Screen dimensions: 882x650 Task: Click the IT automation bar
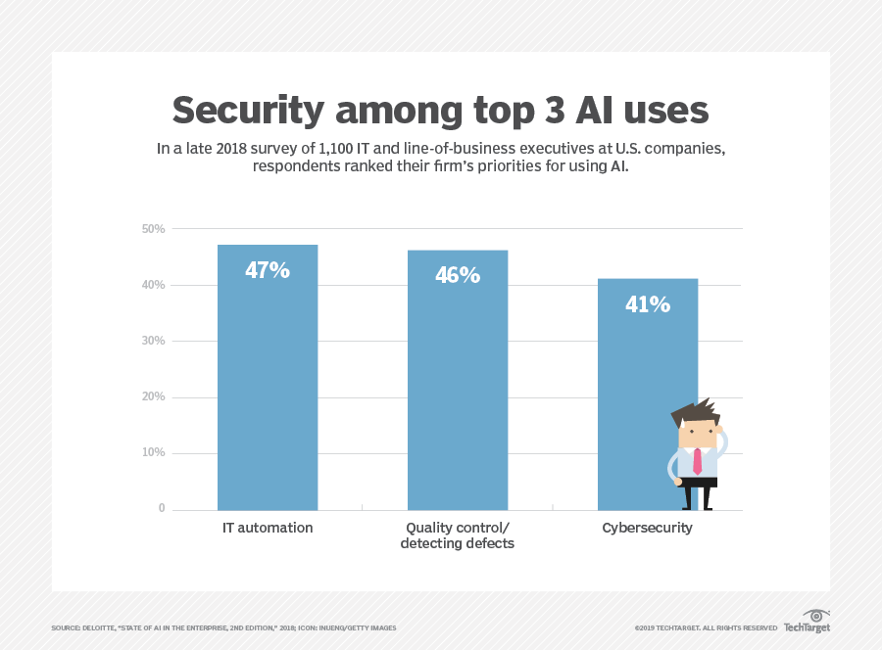pyautogui.click(x=268, y=378)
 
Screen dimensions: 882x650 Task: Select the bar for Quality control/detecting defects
pyautogui.click(x=458, y=381)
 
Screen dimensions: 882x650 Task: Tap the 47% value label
pyautogui.click(x=268, y=270)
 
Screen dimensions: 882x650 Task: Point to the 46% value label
pyautogui.click(x=458, y=275)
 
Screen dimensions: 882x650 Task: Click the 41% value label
pyautogui.click(x=648, y=304)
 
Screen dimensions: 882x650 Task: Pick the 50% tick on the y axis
pyautogui.click(x=153, y=229)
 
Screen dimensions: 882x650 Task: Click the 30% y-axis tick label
pyautogui.click(x=153, y=341)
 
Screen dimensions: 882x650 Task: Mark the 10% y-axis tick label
pyautogui.click(x=153, y=453)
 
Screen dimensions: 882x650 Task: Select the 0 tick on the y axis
pyautogui.click(x=162, y=508)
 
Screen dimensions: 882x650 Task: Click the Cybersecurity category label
pyautogui.click(x=647, y=528)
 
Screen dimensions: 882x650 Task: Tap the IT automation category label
pyautogui.click(x=268, y=528)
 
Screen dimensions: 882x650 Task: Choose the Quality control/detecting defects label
pyautogui.click(x=458, y=535)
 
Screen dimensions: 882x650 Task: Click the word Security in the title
pyautogui.click(x=248, y=111)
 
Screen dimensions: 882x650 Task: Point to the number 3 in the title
pyautogui.click(x=555, y=110)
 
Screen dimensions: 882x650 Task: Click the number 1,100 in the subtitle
pyautogui.click(x=336, y=149)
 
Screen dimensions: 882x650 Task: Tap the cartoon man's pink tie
pyautogui.click(x=698, y=461)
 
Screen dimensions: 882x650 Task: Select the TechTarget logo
pyautogui.click(x=808, y=621)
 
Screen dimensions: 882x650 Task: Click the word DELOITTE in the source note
pyautogui.click(x=98, y=628)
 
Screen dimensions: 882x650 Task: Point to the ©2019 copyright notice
pyautogui.click(x=706, y=628)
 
